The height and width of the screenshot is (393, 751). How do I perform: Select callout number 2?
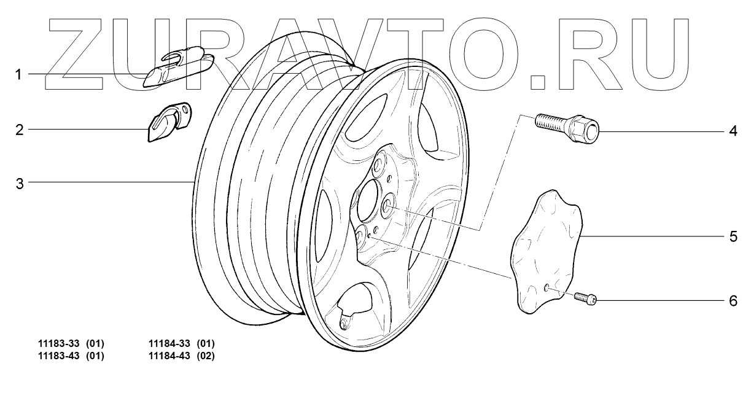20,130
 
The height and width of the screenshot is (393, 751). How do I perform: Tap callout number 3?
20,184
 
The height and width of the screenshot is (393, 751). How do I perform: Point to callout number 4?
733,131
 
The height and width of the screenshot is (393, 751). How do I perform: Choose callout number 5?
733,237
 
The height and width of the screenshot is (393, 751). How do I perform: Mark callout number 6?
733,301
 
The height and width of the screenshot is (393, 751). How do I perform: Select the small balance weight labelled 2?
169,122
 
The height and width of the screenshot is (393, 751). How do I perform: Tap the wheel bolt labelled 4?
567,128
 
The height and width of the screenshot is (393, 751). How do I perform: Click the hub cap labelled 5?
547,252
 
